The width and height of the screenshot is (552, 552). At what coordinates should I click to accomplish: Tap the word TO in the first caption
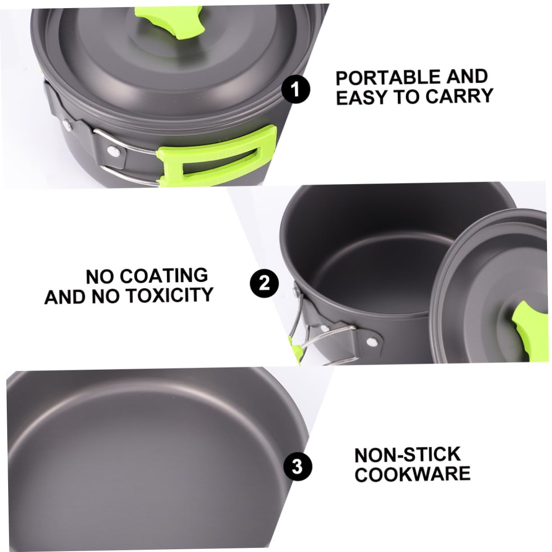pos(409,97)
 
